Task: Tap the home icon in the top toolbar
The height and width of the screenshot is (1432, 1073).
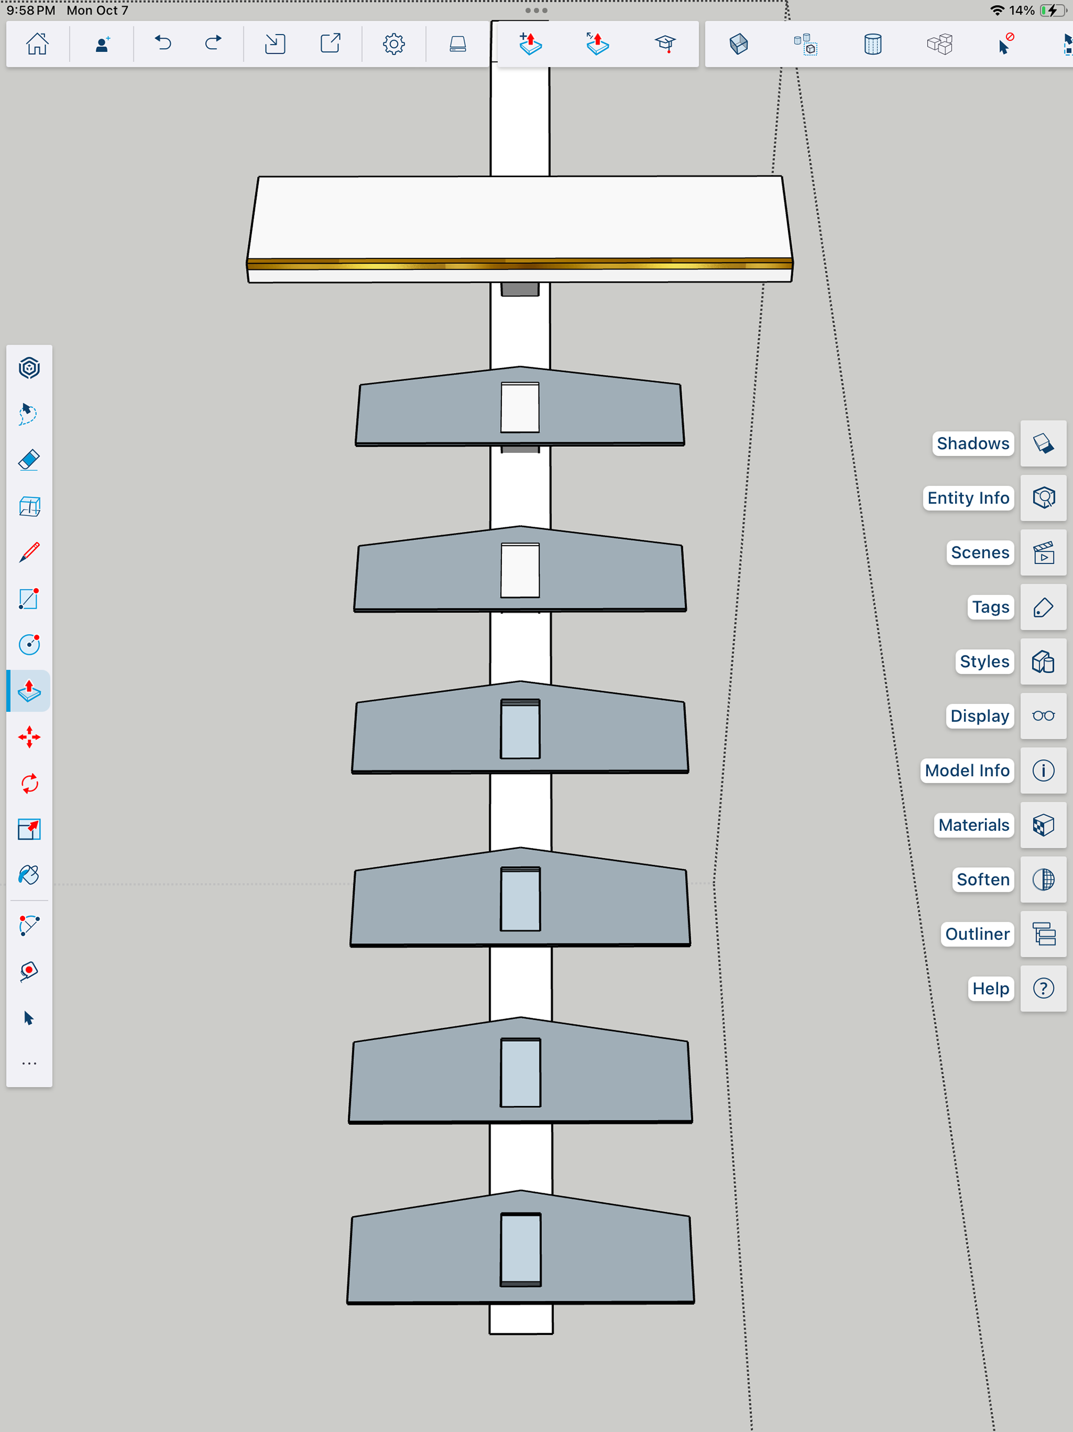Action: coord(37,44)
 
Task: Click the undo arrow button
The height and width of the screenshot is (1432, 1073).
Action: coord(163,44)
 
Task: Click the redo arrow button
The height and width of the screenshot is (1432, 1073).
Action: coord(213,44)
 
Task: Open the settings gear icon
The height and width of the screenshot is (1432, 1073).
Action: coord(393,44)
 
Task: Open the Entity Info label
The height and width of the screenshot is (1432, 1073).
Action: coord(967,498)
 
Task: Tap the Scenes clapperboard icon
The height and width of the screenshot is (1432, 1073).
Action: coord(1043,553)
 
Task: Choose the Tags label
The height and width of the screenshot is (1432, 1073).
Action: coord(990,607)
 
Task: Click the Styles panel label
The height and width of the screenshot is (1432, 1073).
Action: coord(984,661)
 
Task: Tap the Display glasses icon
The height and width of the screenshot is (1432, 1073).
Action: coord(1043,716)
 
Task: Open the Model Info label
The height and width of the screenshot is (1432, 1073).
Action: coord(967,771)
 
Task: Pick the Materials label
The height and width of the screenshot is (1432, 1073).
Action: coord(974,825)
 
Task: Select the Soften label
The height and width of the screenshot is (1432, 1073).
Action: coord(982,879)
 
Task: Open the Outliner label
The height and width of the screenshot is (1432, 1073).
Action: coord(976,934)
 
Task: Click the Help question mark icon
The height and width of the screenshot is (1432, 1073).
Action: coord(1043,989)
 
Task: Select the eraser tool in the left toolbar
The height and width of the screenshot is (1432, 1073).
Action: coord(29,460)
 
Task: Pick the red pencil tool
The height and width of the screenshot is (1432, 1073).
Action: coord(29,552)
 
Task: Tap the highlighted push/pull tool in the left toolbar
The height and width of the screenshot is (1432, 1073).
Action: coord(29,691)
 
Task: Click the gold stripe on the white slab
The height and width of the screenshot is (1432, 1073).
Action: coord(520,263)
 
